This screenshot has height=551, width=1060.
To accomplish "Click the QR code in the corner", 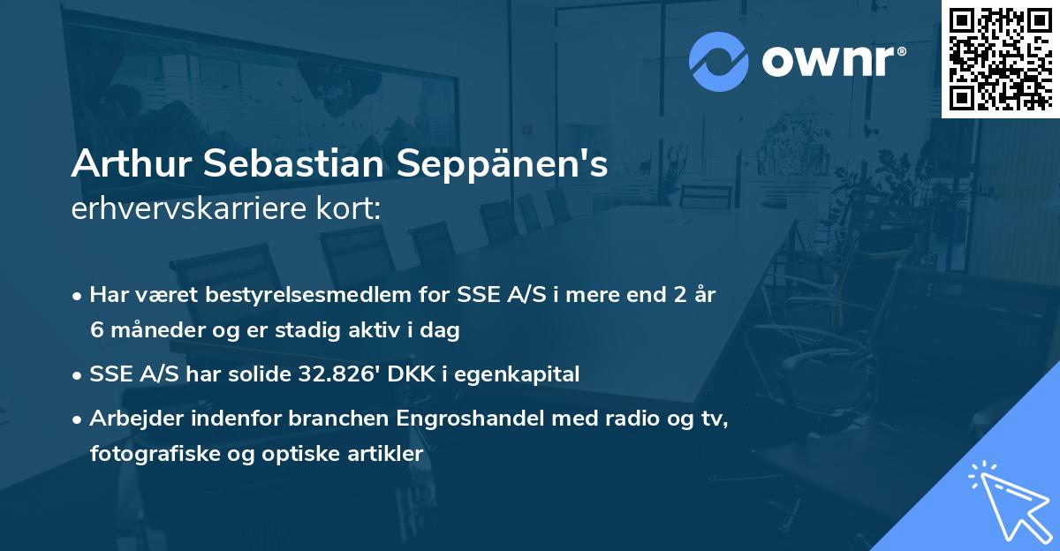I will [x=1000, y=58].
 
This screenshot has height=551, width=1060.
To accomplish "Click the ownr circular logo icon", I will [x=719, y=60].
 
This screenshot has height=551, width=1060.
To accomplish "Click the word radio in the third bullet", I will [x=564, y=419].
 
